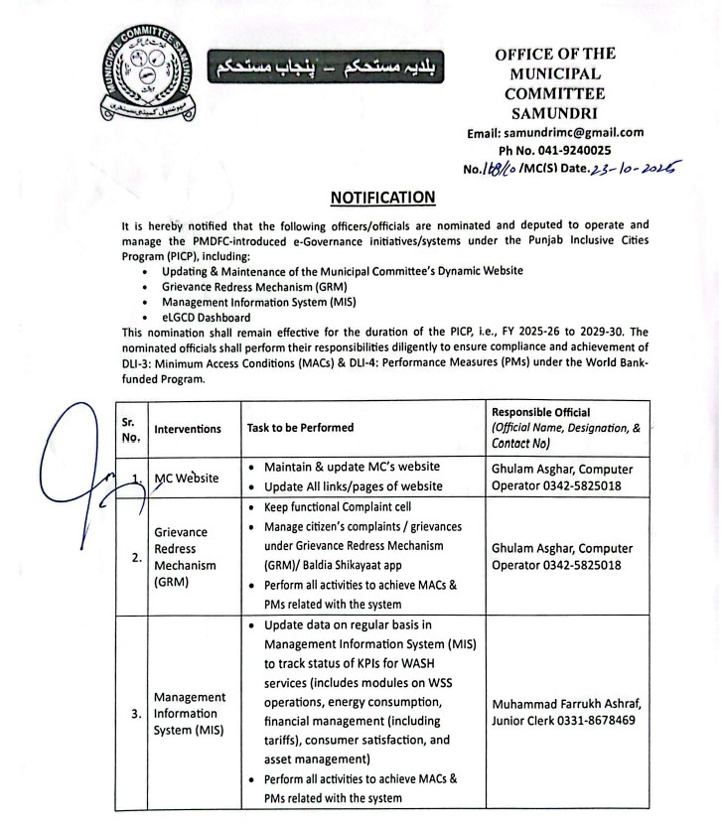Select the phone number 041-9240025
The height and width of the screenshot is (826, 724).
pyautogui.click(x=584, y=149)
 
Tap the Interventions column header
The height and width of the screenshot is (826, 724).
pyautogui.click(x=188, y=429)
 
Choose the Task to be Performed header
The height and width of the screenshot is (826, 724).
pyautogui.click(x=300, y=428)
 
